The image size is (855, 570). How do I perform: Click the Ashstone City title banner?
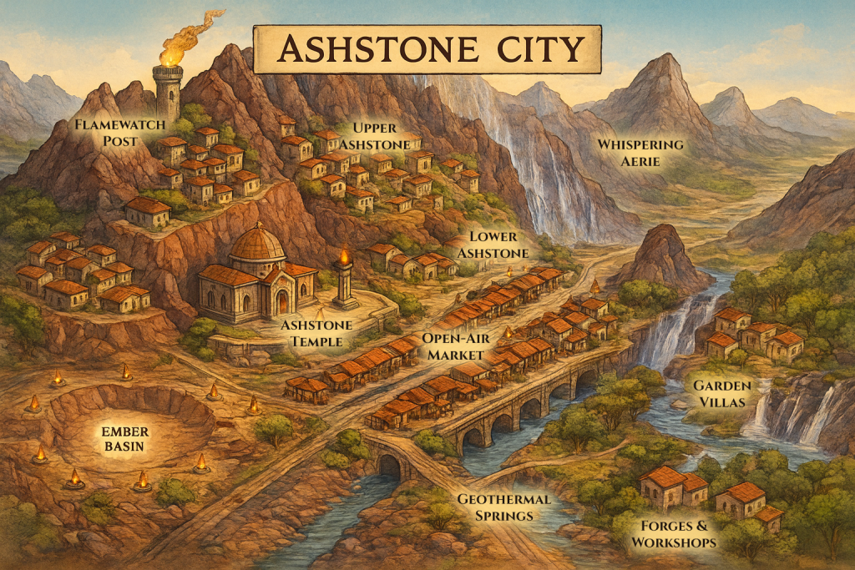(x=427, y=49)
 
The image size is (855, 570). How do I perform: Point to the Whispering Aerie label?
(x=640, y=153)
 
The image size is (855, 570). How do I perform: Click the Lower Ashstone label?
(x=499, y=245)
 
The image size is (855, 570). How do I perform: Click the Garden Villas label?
(x=721, y=395)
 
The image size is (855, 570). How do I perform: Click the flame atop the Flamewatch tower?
(x=174, y=50)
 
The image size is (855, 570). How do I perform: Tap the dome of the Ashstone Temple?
(x=256, y=244)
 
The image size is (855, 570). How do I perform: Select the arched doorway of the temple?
(x=282, y=301)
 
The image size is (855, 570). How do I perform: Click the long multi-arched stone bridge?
(x=526, y=399)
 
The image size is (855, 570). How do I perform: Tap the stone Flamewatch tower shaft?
(x=169, y=92)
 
